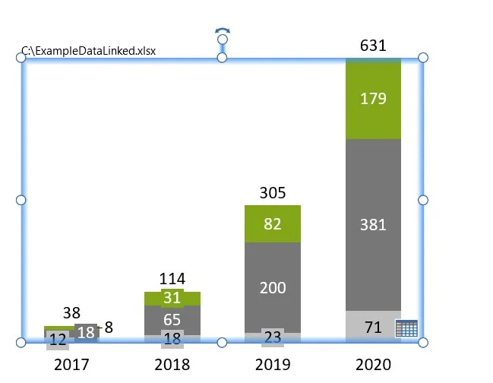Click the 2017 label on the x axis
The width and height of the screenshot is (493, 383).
click(71, 365)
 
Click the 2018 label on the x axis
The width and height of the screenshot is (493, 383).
click(172, 365)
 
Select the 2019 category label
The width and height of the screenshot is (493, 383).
click(273, 365)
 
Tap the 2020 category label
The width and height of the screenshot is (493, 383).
click(373, 365)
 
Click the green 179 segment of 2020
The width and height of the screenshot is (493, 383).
click(373, 99)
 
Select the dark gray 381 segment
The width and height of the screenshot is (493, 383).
click(373, 224)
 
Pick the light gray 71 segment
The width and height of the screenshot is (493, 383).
click(373, 328)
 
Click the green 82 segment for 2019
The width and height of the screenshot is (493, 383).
click(273, 223)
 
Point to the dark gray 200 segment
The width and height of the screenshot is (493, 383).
click(273, 287)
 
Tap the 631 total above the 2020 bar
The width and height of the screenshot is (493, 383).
click(373, 46)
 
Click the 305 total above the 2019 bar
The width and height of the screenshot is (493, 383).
click(273, 193)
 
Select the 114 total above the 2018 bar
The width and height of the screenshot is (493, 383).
click(172, 279)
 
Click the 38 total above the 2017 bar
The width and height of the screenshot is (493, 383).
click(71, 312)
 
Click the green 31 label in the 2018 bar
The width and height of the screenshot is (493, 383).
click(172, 299)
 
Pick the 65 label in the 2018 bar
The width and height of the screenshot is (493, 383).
click(172, 319)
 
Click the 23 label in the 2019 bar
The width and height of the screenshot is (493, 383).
click(273, 337)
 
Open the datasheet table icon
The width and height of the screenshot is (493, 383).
click(406, 328)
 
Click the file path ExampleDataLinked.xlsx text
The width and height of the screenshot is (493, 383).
click(89, 52)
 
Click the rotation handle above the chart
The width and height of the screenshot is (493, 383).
click(222, 34)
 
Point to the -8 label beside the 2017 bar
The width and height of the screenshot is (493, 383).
click(106, 328)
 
